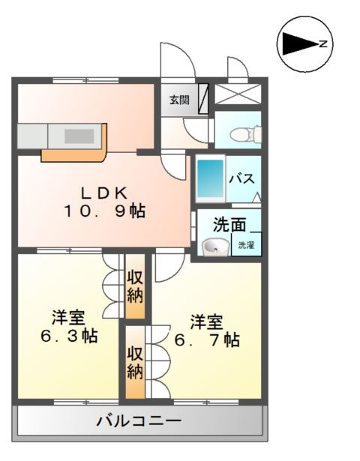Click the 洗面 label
point(229,224)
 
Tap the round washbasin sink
point(214,246)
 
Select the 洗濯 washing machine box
point(246,245)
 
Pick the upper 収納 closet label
point(135,287)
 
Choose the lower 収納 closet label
point(134,362)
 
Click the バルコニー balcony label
point(138,421)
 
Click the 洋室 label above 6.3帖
point(67,316)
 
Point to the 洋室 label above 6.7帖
point(205,321)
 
